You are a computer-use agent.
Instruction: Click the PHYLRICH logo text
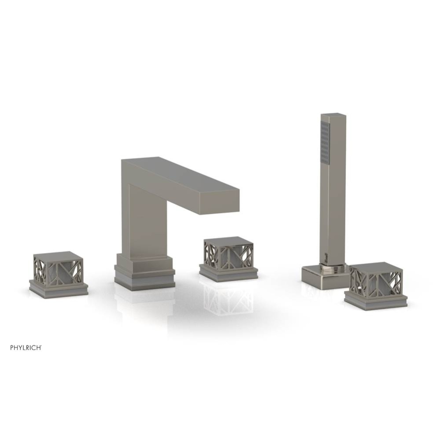[x=26, y=347]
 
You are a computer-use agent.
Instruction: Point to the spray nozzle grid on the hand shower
[x=325, y=143]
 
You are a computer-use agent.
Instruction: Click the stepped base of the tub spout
[x=144, y=272]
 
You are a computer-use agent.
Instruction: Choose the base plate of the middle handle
[x=228, y=273]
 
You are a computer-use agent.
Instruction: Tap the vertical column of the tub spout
[x=142, y=220]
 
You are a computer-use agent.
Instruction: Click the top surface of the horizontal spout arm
[x=185, y=174]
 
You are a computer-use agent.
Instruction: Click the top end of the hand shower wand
[x=333, y=116]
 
